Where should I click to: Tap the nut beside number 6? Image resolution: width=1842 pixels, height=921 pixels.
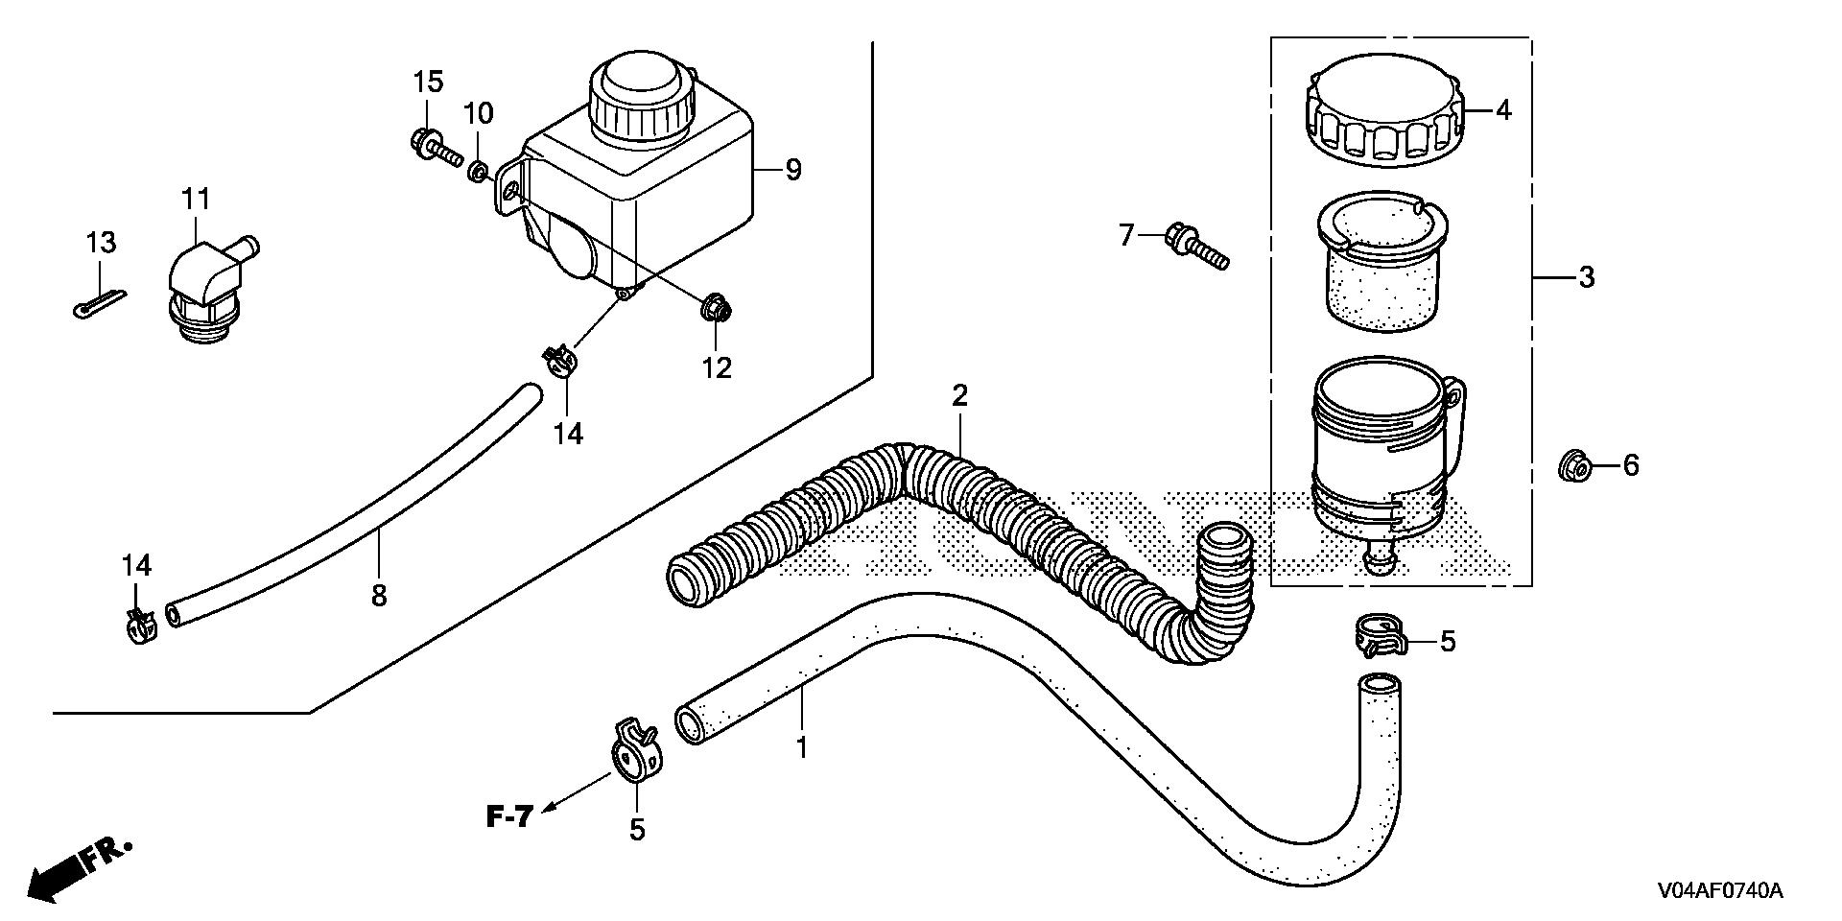click(1574, 467)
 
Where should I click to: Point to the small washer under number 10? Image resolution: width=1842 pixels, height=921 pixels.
click(477, 173)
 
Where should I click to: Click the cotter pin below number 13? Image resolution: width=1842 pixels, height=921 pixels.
click(98, 300)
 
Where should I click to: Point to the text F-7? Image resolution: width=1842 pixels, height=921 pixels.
click(508, 817)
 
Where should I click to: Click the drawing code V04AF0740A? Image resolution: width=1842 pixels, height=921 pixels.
click(1717, 892)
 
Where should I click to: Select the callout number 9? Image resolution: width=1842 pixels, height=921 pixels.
click(792, 170)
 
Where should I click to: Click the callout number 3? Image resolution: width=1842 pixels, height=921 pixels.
click(1586, 278)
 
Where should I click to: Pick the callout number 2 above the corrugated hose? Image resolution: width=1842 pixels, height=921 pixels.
click(960, 395)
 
